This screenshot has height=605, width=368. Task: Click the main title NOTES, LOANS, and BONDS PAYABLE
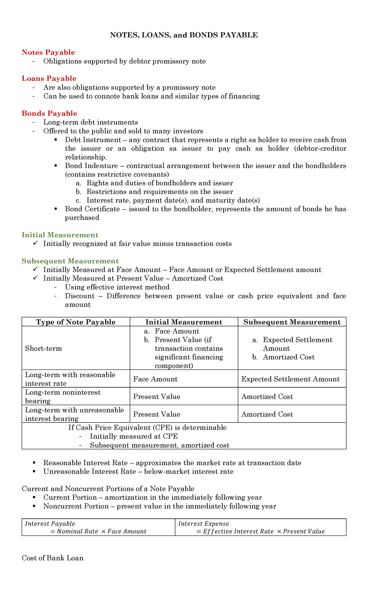(x=184, y=35)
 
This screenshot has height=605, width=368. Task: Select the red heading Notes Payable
(x=48, y=52)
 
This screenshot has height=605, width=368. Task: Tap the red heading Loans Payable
(x=49, y=78)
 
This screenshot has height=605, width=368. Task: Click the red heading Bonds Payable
(x=49, y=113)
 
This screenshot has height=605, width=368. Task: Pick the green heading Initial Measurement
(x=60, y=235)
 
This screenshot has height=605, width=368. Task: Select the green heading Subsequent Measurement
(x=70, y=261)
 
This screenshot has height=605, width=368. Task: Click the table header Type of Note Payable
(x=76, y=322)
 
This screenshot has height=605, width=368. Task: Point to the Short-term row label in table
(x=43, y=348)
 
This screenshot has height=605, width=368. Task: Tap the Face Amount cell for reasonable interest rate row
(x=155, y=379)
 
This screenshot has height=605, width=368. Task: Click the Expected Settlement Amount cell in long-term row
(x=290, y=379)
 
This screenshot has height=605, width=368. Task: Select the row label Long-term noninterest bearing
(x=63, y=396)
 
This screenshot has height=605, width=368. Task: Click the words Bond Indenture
(x=91, y=166)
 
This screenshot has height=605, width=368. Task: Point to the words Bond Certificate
(x=92, y=209)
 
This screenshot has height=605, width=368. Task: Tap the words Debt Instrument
(x=93, y=140)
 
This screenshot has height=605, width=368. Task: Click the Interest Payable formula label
(x=50, y=524)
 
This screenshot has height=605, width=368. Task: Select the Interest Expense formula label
(x=204, y=524)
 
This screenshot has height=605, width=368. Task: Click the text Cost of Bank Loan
(x=52, y=558)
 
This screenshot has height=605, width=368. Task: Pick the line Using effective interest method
(x=117, y=287)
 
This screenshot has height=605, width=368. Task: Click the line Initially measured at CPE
(x=134, y=436)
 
